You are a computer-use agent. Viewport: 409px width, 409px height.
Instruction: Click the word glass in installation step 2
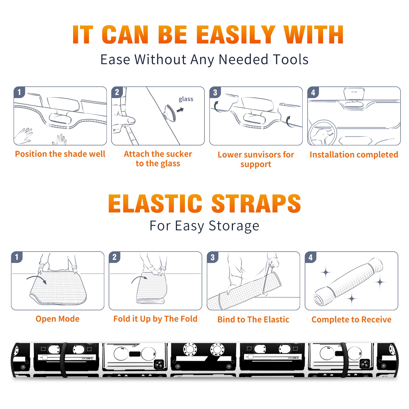tap(186, 99)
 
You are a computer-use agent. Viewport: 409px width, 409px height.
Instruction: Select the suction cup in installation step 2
tap(170, 113)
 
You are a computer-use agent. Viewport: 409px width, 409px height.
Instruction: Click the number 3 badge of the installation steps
tap(215, 93)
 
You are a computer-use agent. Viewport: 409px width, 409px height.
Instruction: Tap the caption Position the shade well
tap(60, 154)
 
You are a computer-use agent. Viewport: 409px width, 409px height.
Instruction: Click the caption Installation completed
tap(354, 154)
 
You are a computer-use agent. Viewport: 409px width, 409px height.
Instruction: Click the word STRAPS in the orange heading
tap(256, 203)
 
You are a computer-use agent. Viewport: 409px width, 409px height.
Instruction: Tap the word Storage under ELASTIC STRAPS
tap(234, 226)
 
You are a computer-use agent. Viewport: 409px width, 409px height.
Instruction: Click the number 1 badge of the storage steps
tap(17, 257)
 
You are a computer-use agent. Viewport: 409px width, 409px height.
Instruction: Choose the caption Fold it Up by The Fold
tap(155, 319)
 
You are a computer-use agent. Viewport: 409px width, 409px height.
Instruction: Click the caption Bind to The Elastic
tap(253, 319)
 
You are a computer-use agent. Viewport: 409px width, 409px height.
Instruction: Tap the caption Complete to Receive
tap(351, 319)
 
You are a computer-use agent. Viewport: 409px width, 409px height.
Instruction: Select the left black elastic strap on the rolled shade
tap(63, 360)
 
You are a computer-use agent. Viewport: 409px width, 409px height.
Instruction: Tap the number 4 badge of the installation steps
tap(313, 93)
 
